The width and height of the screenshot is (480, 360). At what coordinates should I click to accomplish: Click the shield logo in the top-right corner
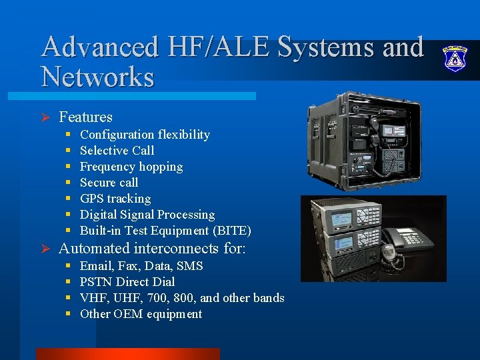456,58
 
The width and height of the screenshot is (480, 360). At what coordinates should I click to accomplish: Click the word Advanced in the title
99,47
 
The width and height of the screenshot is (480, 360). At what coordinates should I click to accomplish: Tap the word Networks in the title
97,77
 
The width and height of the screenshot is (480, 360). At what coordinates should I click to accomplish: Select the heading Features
85,117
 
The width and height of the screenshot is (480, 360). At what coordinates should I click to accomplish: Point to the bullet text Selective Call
117,151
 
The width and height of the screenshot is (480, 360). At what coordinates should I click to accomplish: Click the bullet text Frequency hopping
131,167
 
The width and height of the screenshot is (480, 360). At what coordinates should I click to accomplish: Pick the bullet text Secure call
109,183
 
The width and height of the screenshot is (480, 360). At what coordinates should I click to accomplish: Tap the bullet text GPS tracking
115,199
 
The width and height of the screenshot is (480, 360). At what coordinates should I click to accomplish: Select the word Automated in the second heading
94,249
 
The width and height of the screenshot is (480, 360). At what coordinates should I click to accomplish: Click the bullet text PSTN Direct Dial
127,282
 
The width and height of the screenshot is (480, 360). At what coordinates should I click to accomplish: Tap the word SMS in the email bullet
190,266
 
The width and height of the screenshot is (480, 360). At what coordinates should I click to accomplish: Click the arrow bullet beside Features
46,118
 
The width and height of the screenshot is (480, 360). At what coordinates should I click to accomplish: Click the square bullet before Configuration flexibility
69,135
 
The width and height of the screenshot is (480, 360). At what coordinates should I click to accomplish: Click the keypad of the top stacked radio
369,217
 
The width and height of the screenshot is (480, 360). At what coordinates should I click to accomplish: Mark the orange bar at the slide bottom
127,353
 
